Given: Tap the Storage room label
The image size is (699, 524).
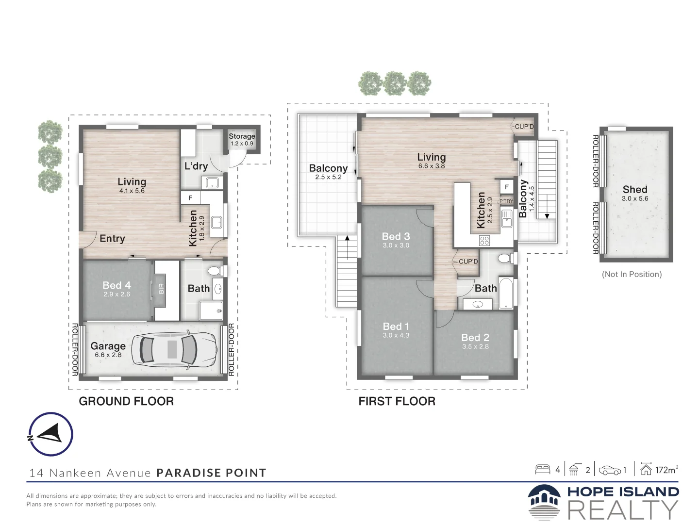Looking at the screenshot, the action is pyautogui.click(x=242, y=136).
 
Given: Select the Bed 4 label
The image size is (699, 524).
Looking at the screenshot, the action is pyautogui.click(x=116, y=285).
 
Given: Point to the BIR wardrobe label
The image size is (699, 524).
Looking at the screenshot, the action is pyautogui.click(x=161, y=289).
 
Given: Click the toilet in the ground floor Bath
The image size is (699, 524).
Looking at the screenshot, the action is pyautogui.click(x=216, y=271).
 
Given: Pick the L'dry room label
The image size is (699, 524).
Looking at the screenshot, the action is pyautogui.click(x=196, y=166).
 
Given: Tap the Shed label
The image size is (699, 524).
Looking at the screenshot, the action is pyautogui.click(x=634, y=190).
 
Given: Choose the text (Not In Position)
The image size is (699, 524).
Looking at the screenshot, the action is pyautogui.click(x=632, y=274).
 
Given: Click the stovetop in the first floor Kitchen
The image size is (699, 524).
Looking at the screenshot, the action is pyautogui.click(x=484, y=241).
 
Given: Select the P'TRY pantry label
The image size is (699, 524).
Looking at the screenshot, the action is pyautogui.click(x=506, y=201).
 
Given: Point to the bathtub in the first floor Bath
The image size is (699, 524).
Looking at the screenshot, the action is pyautogui.click(x=506, y=293).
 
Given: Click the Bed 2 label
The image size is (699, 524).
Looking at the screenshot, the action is pyautogui.click(x=475, y=337).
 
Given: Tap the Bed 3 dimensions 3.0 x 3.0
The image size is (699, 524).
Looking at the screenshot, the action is pyautogui.click(x=396, y=246).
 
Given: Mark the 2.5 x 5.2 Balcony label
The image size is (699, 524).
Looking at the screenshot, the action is pyautogui.click(x=328, y=168).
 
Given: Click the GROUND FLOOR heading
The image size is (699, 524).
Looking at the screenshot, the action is pyautogui.click(x=126, y=401).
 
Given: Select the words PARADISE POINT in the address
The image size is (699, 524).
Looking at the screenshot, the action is pyautogui.click(x=212, y=473).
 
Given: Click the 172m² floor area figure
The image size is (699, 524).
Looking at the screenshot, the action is pyautogui.click(x=666, y=470).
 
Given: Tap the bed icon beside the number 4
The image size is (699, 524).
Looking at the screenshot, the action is pyautogui.click(x=543, y=469).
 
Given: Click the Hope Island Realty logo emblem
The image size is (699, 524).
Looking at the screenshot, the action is pyautogui.click(x=544, y=502).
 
